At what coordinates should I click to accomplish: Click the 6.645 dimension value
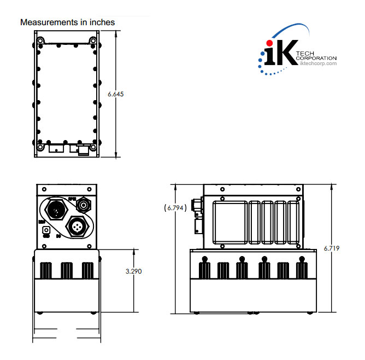[x=116, y=94]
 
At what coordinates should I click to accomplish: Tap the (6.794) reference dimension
[x=175, y=208]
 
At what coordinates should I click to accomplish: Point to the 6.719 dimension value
[x=332, y=248]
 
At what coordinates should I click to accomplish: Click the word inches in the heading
[x=102, y=22]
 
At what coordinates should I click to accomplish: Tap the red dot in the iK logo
[x=268, y=43]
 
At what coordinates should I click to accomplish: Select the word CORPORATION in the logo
[x=316, y=58]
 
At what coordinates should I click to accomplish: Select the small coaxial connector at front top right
[x=84, y=205]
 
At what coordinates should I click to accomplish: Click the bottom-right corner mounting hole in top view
[x=93, y=147]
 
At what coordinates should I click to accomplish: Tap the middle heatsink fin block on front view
[x=67, y=270]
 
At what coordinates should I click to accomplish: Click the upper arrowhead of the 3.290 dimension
[x=134, y=251]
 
